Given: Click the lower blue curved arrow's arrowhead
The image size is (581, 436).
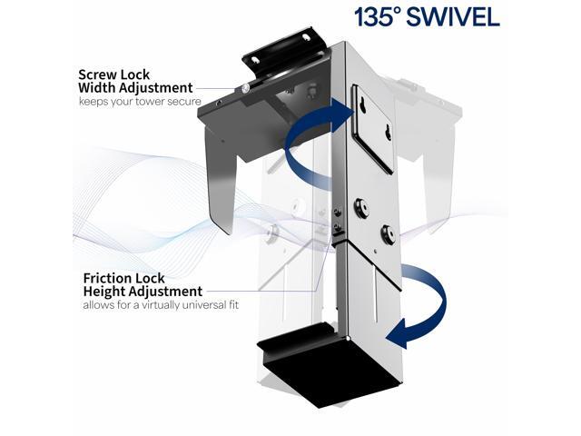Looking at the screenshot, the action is pyautogui.click(x=396, y=337).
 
